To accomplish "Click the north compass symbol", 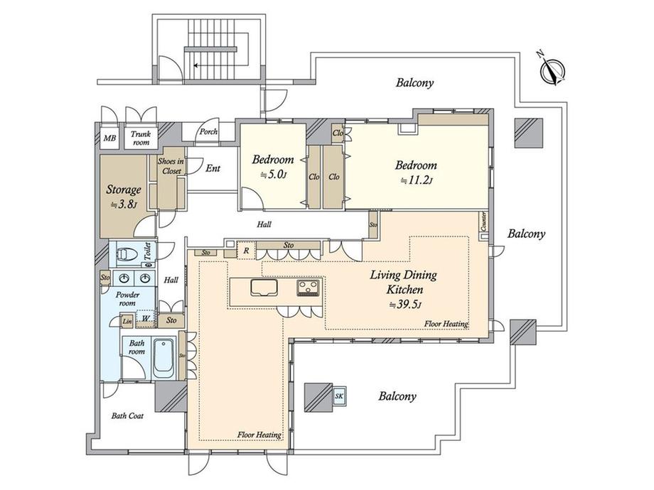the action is click(552, 70).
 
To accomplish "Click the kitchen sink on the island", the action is click(264, 288).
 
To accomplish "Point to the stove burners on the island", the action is click(308, 288).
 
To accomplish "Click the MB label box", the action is click(110, 138).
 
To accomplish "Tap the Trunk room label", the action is click(140, 138).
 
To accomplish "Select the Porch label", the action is click(208, 131).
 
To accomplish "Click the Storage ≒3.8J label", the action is click(124, 197).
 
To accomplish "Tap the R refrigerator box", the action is click(245, 250).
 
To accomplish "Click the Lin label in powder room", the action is click(127, 322).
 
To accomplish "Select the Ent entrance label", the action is click(213, 168).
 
